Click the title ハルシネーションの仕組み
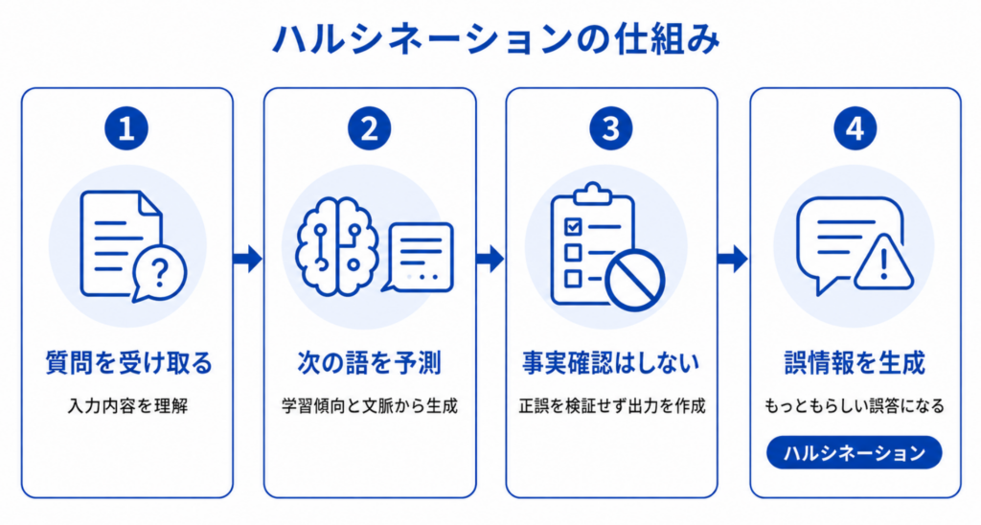coord(495,39)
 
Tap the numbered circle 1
coord(126,129)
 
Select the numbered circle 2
coord(369,129)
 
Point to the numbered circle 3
coord(610,129)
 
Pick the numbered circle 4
coord(855,129)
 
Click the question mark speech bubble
coord(159,273)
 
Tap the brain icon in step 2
coord(337,246)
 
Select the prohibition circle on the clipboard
coord(635,282)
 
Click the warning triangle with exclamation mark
coord(882,264)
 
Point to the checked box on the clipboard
coord(573,226)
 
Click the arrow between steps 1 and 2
coord(248,259)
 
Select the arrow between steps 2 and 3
coord(490,259)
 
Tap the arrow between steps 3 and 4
coord(733,259)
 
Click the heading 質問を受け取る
coord(128,363)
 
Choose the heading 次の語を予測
coord(369,363)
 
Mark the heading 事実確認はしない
coord(610,363)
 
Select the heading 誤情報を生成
coord(855,363)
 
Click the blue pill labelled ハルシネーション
coord(855,452)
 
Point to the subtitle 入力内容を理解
coord(127,406)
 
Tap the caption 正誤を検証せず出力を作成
coord(612,406)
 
